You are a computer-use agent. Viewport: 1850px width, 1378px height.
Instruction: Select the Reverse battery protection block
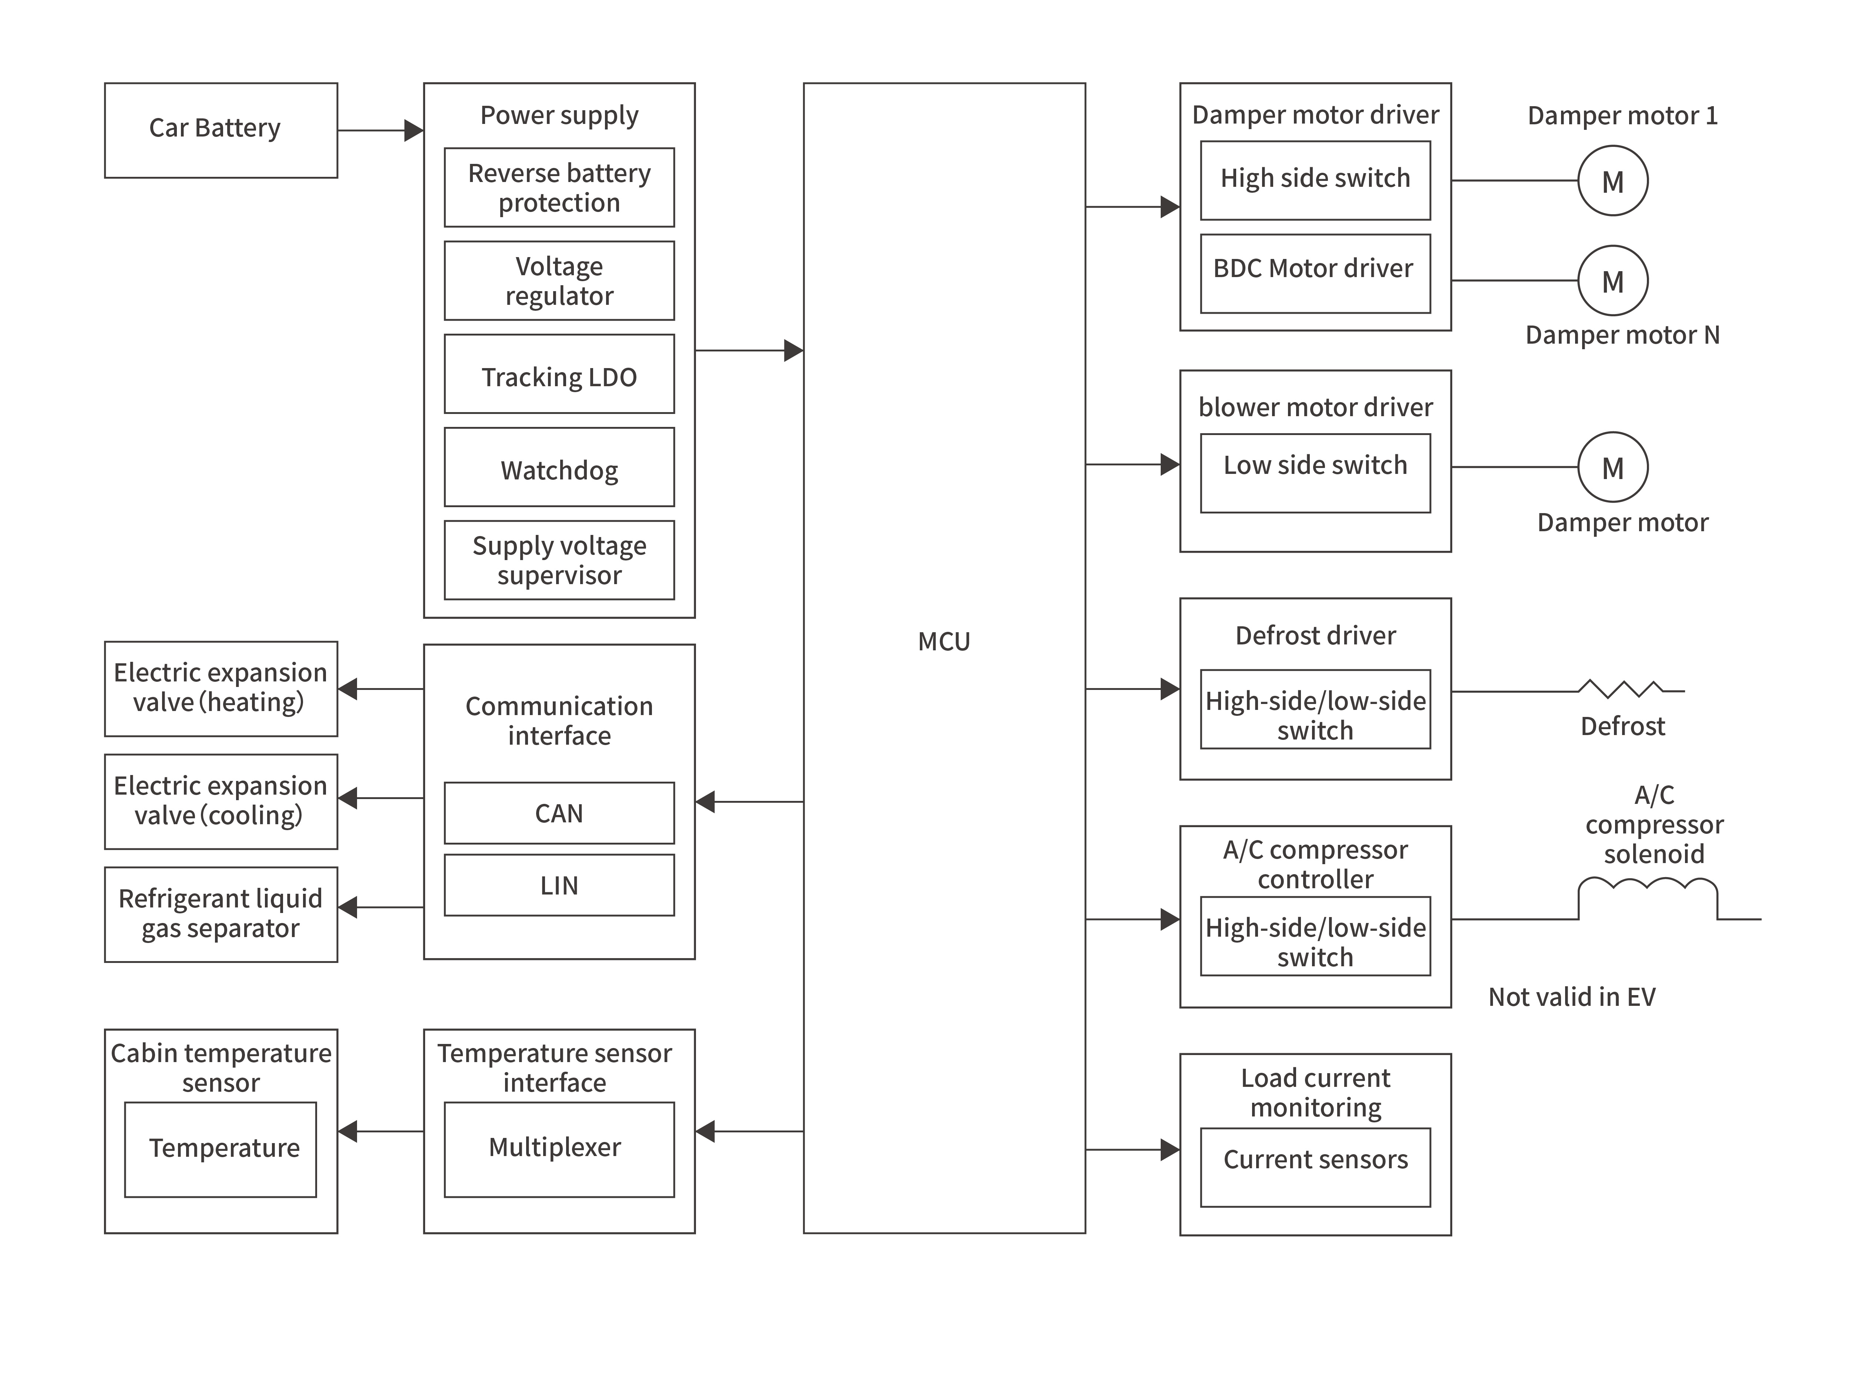[x=559, y=188]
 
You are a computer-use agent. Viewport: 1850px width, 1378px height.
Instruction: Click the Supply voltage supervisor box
[x=559, y=560]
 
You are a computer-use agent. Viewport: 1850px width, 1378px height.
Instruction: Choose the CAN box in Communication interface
[x=559, y=813]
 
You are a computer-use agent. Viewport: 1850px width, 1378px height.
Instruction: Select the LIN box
[x=559, y=885]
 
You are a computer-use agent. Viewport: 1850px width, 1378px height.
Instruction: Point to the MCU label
[x=943, y=641]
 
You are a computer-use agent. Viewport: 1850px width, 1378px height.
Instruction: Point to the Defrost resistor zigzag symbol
[x=1622, y=689]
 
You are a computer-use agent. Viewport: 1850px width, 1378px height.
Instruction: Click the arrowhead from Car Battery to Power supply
[x=413, y=130]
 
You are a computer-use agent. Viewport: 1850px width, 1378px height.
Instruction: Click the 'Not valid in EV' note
[x=1571, y=997]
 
